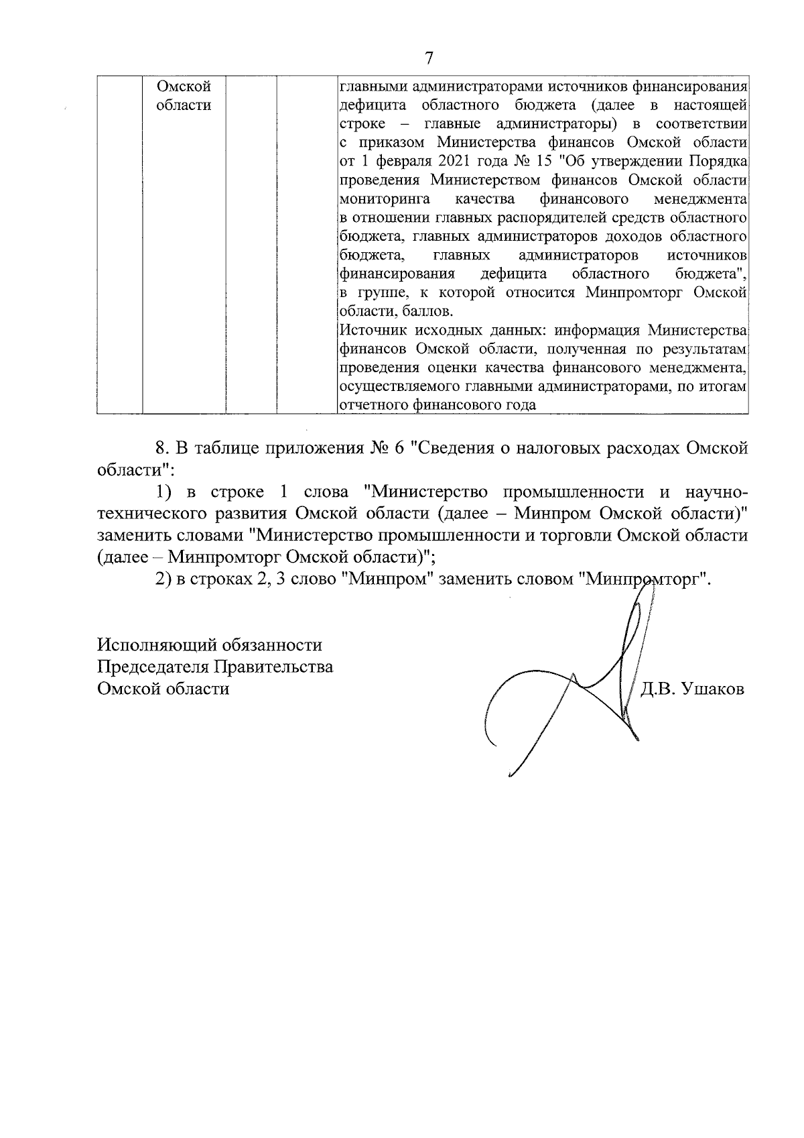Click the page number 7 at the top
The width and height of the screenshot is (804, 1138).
pos(429,58)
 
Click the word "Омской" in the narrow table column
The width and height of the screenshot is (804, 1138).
pos(183,87)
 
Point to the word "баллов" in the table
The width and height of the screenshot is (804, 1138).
pos(430,312)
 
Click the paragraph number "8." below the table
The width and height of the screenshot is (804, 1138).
pos(161,449)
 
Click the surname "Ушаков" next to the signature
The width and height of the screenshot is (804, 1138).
pos(712,689)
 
